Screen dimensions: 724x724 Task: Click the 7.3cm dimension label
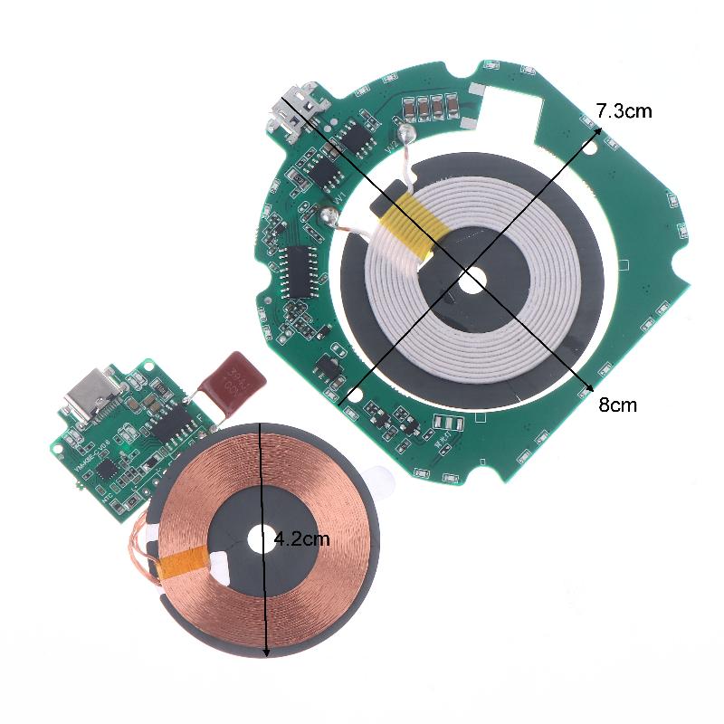pyautogui.click(x=624, y=112)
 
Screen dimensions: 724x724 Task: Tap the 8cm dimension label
pyautogui.click(x=617, y=405)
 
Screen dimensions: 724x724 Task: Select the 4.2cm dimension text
pyautogui.click(x=301, y=539)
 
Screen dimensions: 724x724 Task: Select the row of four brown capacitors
pyautogui.click(x=430, y=110)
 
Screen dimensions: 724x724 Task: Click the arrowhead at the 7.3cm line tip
pyautogui.click(x=595, y=130)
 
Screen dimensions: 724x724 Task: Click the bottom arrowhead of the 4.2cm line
pyautogui.click(x=265, y=653)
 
